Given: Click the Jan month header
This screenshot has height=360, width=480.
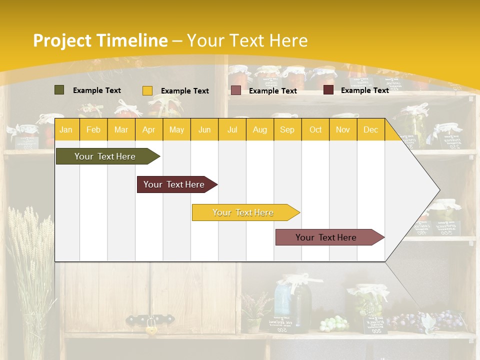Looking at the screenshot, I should pos(66,130).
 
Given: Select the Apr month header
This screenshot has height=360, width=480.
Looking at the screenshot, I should pos(148,130).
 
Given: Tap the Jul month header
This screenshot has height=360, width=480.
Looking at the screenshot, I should pos(232,130).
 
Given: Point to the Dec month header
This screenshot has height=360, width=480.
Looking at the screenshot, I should pos(370,130).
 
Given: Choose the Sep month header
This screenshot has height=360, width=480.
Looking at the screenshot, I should pos(287,130).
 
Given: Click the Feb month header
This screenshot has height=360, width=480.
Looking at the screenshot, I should pos(93,130).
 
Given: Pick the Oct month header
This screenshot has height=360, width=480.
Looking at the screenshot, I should pos(315,130).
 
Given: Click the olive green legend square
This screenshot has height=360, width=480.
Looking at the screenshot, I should pos(59,90).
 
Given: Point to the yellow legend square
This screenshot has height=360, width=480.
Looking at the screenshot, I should pos(147,90).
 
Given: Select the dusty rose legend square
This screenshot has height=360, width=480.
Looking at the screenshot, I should pos(236,90).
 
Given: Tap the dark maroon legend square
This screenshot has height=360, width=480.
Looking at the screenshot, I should pos(328,90).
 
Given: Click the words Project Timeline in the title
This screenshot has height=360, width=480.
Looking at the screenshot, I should pos(100,40).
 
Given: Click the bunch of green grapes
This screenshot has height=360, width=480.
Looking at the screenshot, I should pos(333,323).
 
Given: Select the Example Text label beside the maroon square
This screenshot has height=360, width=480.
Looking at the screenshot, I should pos(364,90).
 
